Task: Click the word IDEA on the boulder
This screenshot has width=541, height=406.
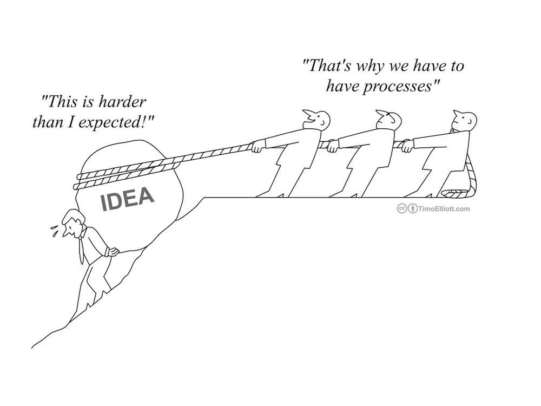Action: coord(128,199)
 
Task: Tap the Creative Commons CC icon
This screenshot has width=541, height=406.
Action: coord(403,208)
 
